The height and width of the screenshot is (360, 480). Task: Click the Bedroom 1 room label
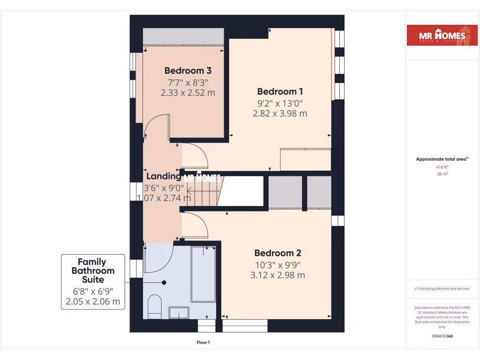pos(277,91)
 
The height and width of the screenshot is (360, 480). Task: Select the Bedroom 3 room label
pos(187,71)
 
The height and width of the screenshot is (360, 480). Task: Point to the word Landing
pos(164,176)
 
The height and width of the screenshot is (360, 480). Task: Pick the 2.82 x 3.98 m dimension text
pos(279,113)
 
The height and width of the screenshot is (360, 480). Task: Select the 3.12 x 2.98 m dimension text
pos(277,275)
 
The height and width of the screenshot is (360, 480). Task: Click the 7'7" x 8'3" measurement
pos(187,82)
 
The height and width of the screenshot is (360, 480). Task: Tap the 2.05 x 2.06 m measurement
pos(93,301)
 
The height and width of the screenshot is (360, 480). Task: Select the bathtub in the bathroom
pos(203,274)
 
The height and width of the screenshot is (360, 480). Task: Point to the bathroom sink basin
pos(179,313)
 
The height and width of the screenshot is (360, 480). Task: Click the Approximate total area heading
pos(441,159)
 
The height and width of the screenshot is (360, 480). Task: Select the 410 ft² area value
pos(442,167)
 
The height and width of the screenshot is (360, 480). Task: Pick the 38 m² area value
pos(442,174)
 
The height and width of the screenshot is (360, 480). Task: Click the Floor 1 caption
pos(202,343)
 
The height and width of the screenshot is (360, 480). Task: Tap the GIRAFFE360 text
pos(442,336)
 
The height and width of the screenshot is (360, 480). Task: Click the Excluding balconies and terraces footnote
pos(442,289)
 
